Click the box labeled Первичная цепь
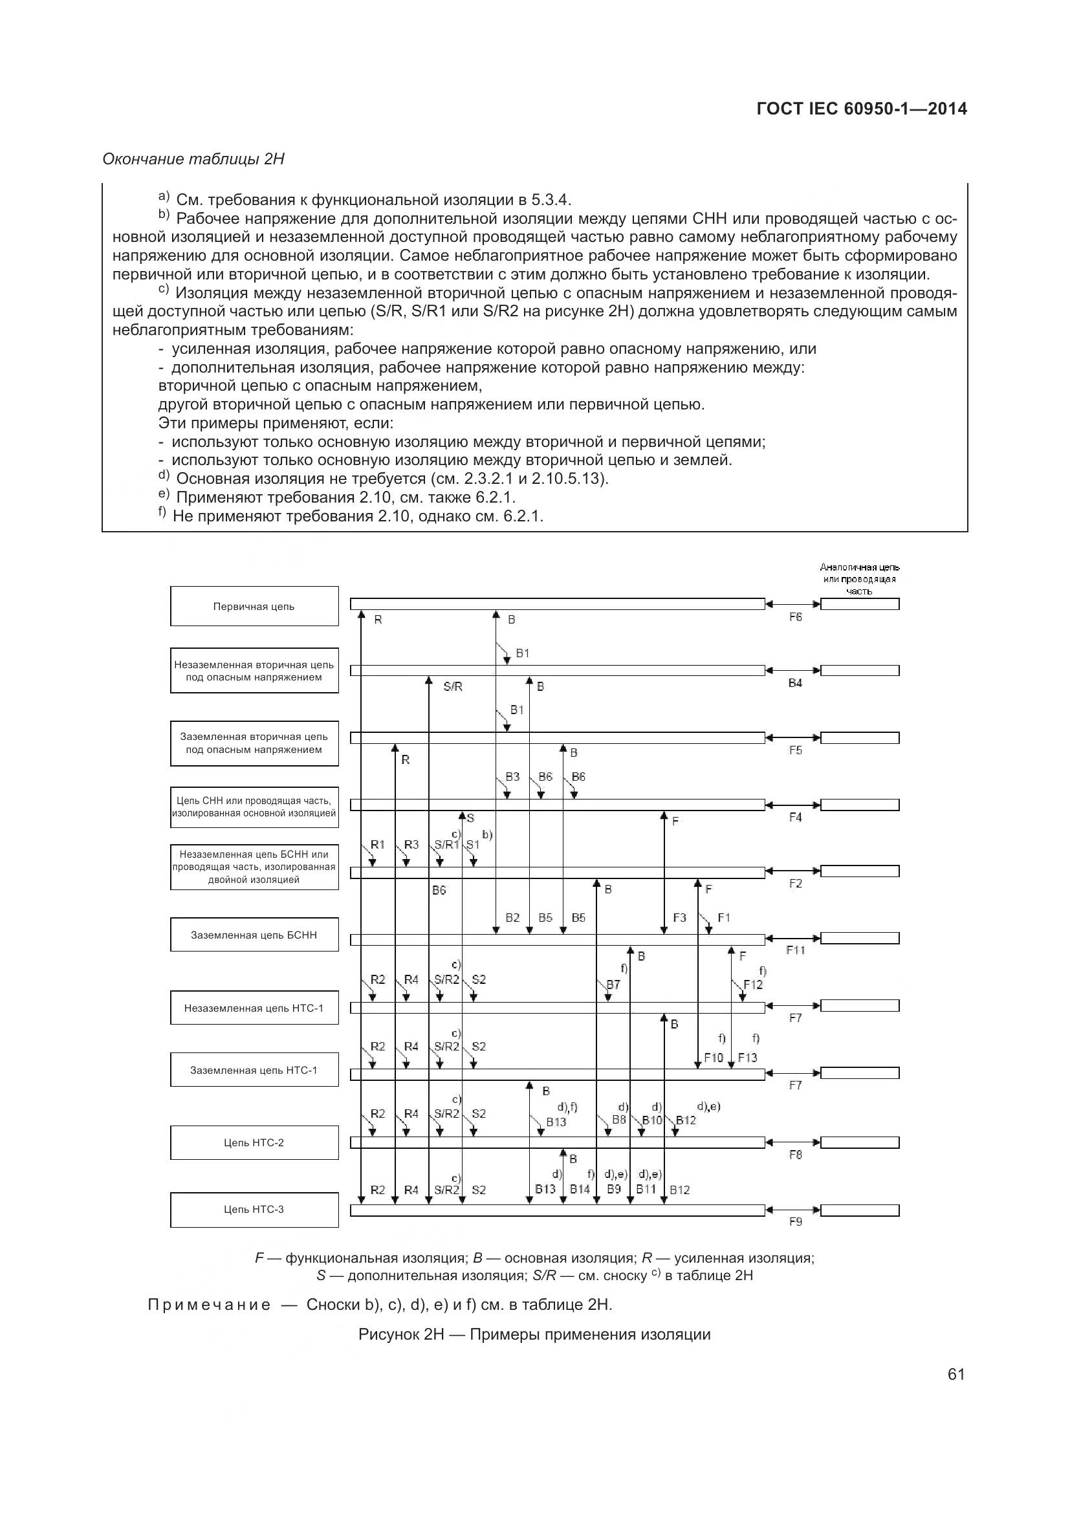click(x=254, y=606)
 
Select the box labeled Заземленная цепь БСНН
click(x=254, y=935)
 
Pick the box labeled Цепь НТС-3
click(x=254, y=1209)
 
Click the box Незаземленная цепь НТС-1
click(x=254, y=1008)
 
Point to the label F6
click(x=795, y=618)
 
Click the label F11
click(x=795, y=950)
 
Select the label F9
click(x=795, y=1222)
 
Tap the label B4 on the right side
click(x=795, y=683)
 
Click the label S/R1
click(x=447, y=845)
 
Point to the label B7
click(x=613, y=985)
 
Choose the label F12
click(x=752, y=985)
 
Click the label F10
click(x=714, y=1058)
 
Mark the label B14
click(x=580, y=1190)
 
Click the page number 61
click(x=956, y=1374)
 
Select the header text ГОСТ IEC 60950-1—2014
click(x=862, y=109)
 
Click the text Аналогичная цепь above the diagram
click(x=859, y=567)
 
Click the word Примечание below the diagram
click(x=210, y=1305)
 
